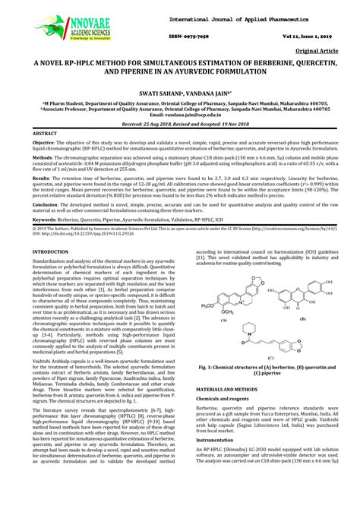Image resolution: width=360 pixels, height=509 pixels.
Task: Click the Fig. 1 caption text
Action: [x=261, y=368]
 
